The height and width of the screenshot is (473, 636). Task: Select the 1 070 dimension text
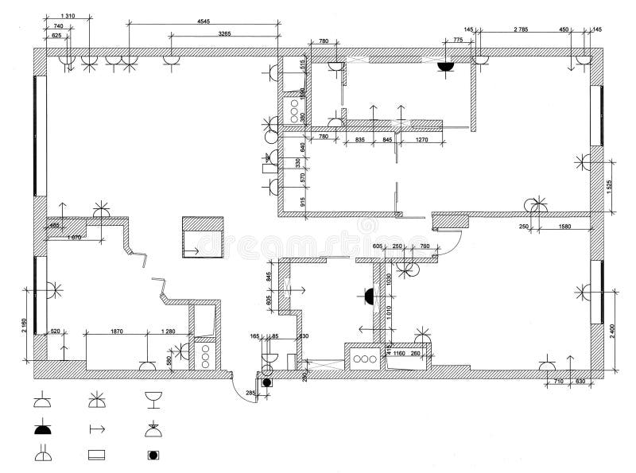[x=73, y=238]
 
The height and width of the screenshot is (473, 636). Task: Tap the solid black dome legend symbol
[x=42, y=429]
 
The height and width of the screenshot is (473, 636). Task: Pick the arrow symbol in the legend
[x=97, y=429]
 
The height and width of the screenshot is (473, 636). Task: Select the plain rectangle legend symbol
[x=97, y=456]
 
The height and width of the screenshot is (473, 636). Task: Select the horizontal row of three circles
[x=365, y=359]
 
